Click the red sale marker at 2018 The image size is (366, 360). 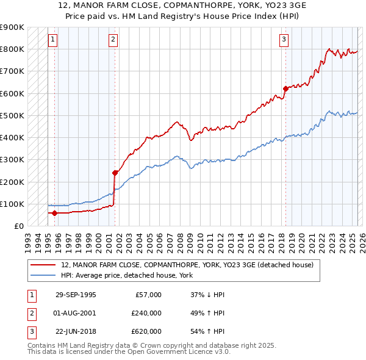[285, 88]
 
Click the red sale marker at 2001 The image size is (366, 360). [114, 173]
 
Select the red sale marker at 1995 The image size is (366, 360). [54, 213]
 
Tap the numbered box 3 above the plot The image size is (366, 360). [284, 40]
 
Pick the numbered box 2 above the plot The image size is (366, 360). [113, 40]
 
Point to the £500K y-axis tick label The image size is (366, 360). [12, 115]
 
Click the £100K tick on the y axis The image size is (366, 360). [12, 204]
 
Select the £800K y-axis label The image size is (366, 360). [12, 49]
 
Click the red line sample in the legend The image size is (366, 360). [43, 265]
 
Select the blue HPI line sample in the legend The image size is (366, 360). [43, 275]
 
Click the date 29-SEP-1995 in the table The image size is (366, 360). [76, 295]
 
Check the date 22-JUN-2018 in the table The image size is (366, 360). [76, 331]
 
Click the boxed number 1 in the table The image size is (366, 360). [30, 295]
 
